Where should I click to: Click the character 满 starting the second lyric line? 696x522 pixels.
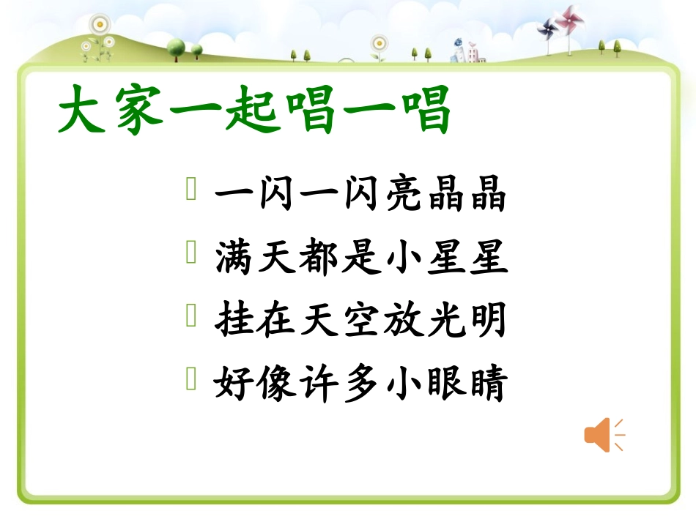tap(234, 258)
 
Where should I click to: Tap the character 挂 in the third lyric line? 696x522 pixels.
tap(234, 321)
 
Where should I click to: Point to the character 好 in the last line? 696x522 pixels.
tap(234, 384)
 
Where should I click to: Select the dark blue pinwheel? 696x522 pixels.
tap(546, 30)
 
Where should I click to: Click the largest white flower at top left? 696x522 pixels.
tap(99, 25)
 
